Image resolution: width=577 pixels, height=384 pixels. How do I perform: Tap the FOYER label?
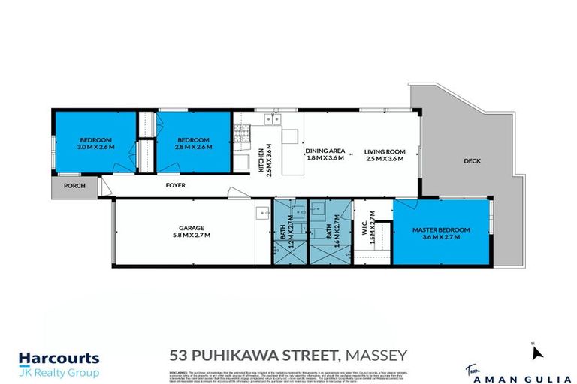pyautogui.click(x=175, y=185)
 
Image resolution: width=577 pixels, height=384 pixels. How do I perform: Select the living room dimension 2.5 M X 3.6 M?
pyautogui.click(x=385, y=158)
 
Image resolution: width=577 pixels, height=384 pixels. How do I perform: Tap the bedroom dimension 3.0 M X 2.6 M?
pyautogui.click(x=97, y=147)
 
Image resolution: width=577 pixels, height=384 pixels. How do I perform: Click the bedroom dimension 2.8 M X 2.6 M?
pyautogui.click(x=194, y=147)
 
